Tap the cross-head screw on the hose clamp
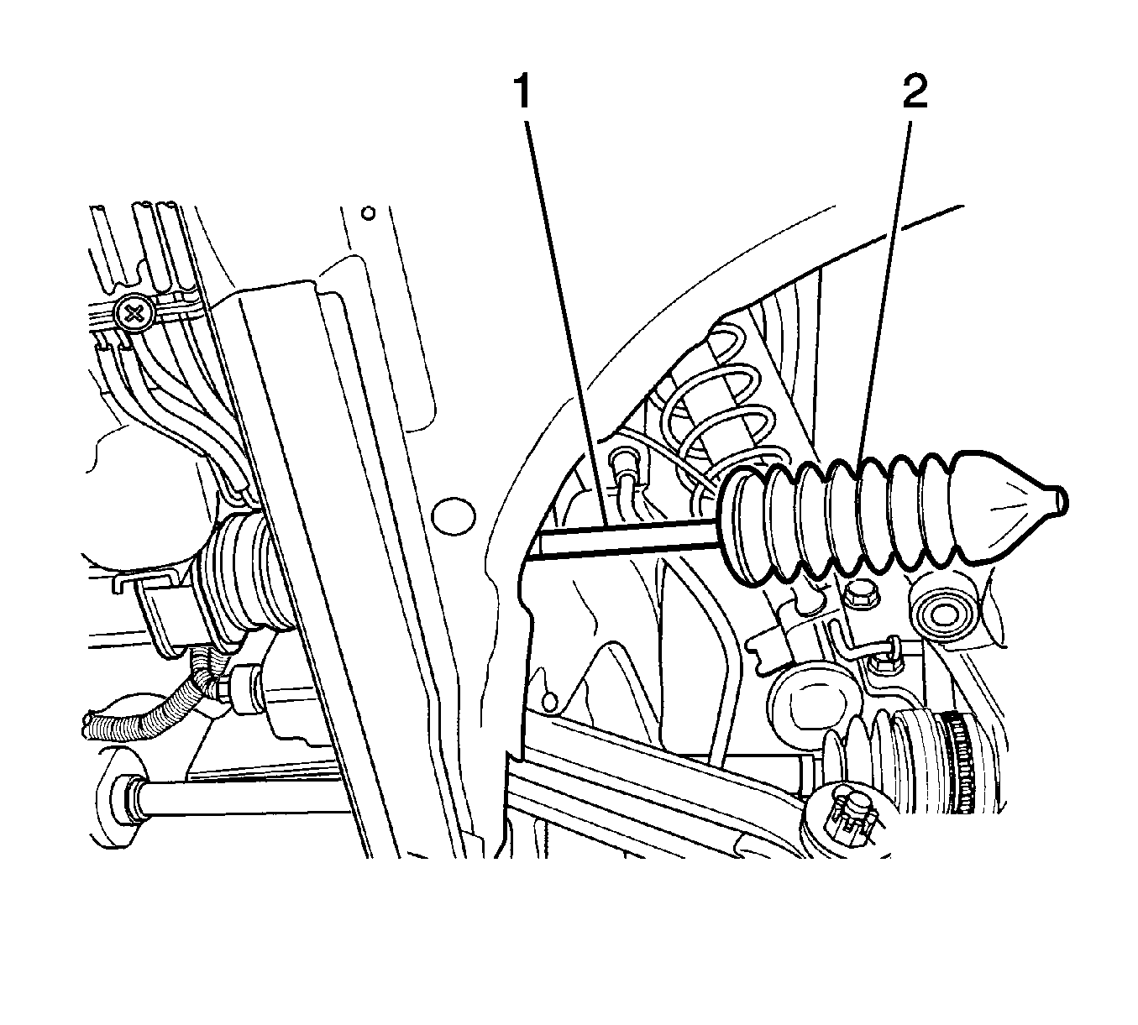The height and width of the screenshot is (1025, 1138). click(134, 312)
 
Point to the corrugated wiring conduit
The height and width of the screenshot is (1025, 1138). click(149, 714)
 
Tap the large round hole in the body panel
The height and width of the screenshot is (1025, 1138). click(454, 516)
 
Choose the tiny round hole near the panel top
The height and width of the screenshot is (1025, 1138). click(368, 214)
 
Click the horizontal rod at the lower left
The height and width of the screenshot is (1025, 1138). click(239, 800)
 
